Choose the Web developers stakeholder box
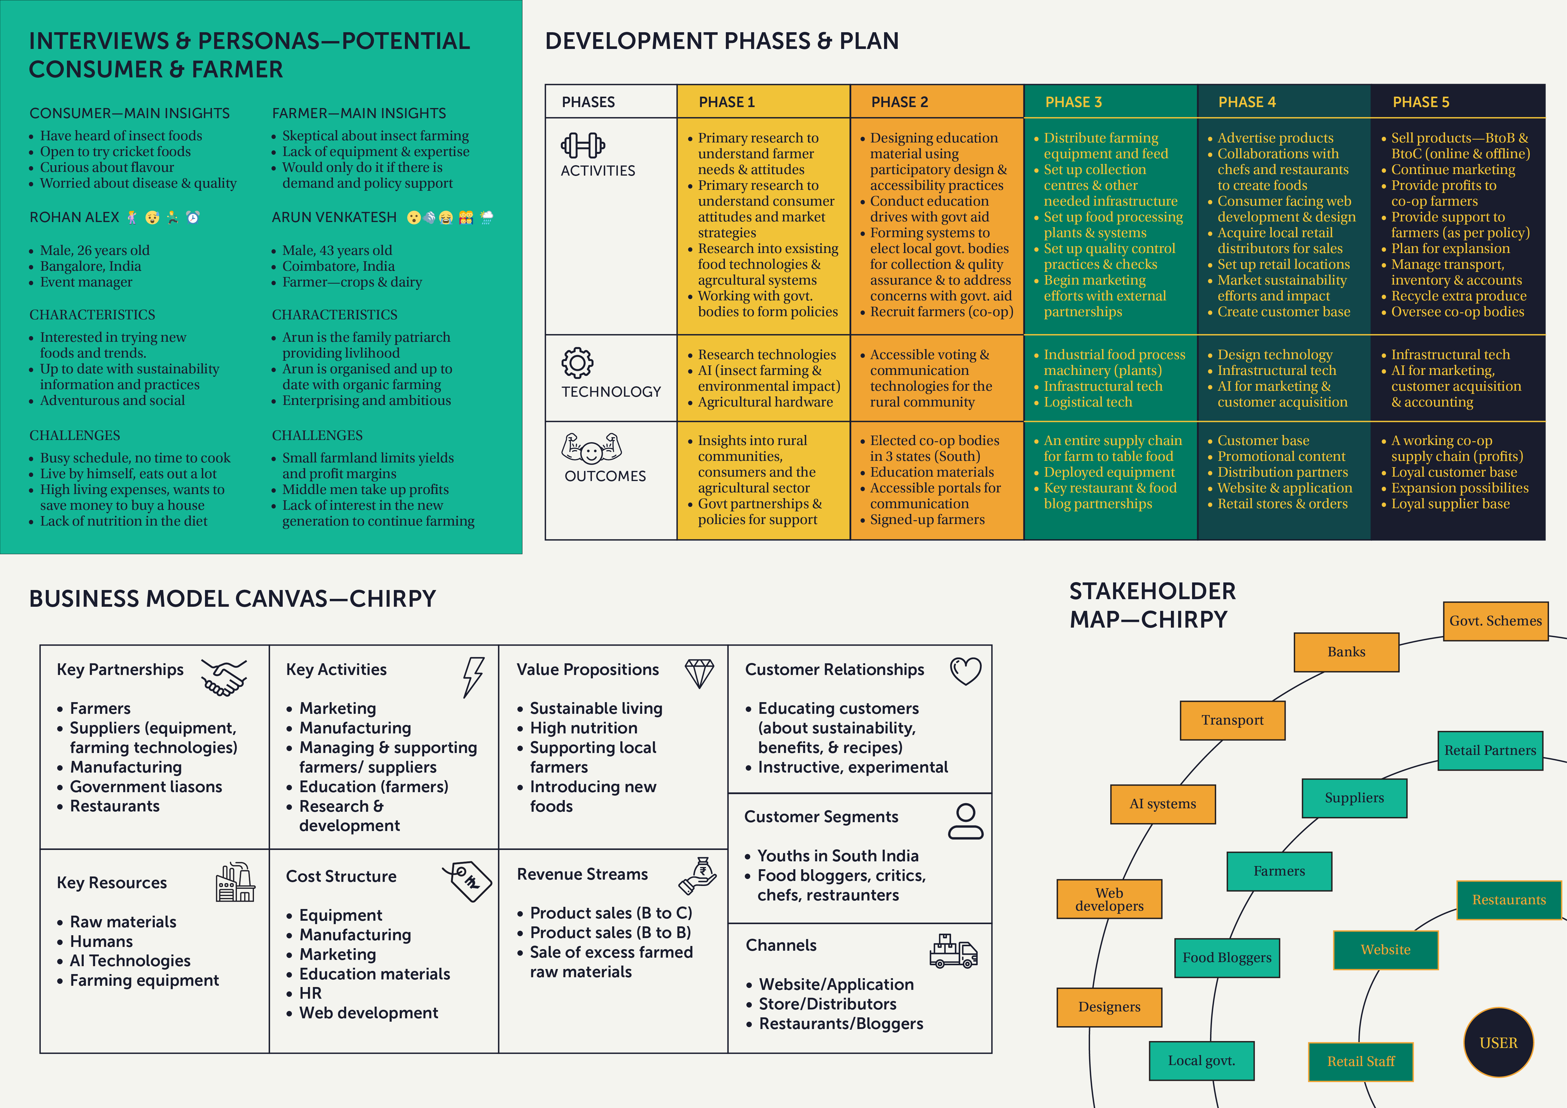point(1109,899)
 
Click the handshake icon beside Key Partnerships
point(224,677)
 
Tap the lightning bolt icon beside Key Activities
point(473,677)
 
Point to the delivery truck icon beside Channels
point(954,951)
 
